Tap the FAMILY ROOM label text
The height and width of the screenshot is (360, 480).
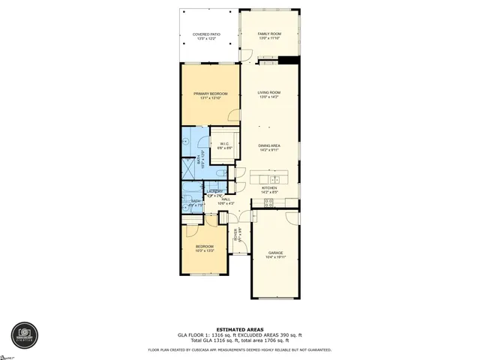pyautogui.click(x=268, y=34)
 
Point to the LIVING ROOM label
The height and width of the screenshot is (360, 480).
pyautogui.click(x=268, y=93)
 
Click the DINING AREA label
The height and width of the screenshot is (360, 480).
pyautogui.click(x=268, y=145)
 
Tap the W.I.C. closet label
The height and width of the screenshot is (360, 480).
pyautogui.click(x=225, y=144)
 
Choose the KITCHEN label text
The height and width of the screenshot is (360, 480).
pyautogui.click(x=268, y=188)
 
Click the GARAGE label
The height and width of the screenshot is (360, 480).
pyautogui.click(x=275, y=253)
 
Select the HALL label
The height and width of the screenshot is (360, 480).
pyautogui.click(x=225, y=199)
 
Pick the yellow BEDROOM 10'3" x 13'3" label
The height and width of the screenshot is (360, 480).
pyautogui.click(x=205, y=247)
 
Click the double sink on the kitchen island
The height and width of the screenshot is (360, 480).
pyautogui.click(x=274, y=179)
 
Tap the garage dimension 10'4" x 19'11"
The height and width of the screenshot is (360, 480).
pyautogui.click(x=275, y=257)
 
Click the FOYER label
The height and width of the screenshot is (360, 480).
pyautogui.click(x=237, y=235)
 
